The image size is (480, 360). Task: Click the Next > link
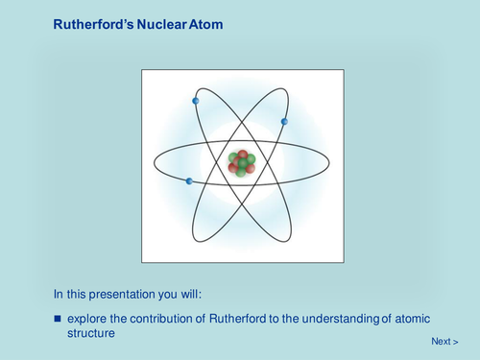point(444,341)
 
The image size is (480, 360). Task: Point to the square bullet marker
point(57,318)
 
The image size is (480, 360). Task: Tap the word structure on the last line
point(91,333)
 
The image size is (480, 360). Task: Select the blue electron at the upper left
point(196,101)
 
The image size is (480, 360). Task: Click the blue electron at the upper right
point(284,121)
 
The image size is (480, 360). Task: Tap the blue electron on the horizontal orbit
point(189,180)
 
